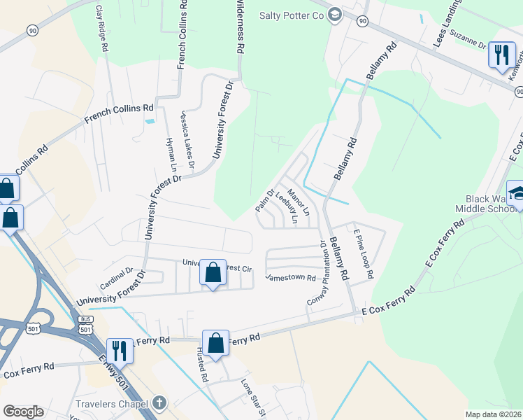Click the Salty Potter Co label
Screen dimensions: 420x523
(x=292, y=15)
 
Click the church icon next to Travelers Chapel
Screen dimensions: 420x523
(x=159, y=403)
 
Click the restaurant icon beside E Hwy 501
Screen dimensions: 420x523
(x=120, y=350)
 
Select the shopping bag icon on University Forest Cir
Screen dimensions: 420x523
(x=213, y=274)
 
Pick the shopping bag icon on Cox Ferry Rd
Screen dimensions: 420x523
(x=216, y=344)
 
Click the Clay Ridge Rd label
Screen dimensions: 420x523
(x=102, y=28)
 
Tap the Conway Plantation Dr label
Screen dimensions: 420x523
(x=318, y=274)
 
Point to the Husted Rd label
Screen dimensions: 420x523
(x=202, y=365)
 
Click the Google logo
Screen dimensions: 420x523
(x=23, y=412)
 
